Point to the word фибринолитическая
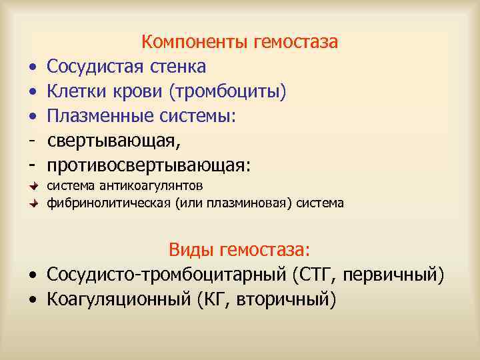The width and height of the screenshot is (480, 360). point(109,203)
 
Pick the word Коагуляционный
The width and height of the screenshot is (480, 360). point(119,298)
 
